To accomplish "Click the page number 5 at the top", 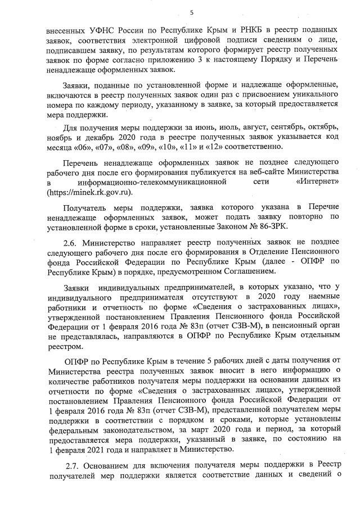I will point(192,12).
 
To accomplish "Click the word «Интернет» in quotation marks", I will point(316,182).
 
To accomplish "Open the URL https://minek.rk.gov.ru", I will point(90,192).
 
